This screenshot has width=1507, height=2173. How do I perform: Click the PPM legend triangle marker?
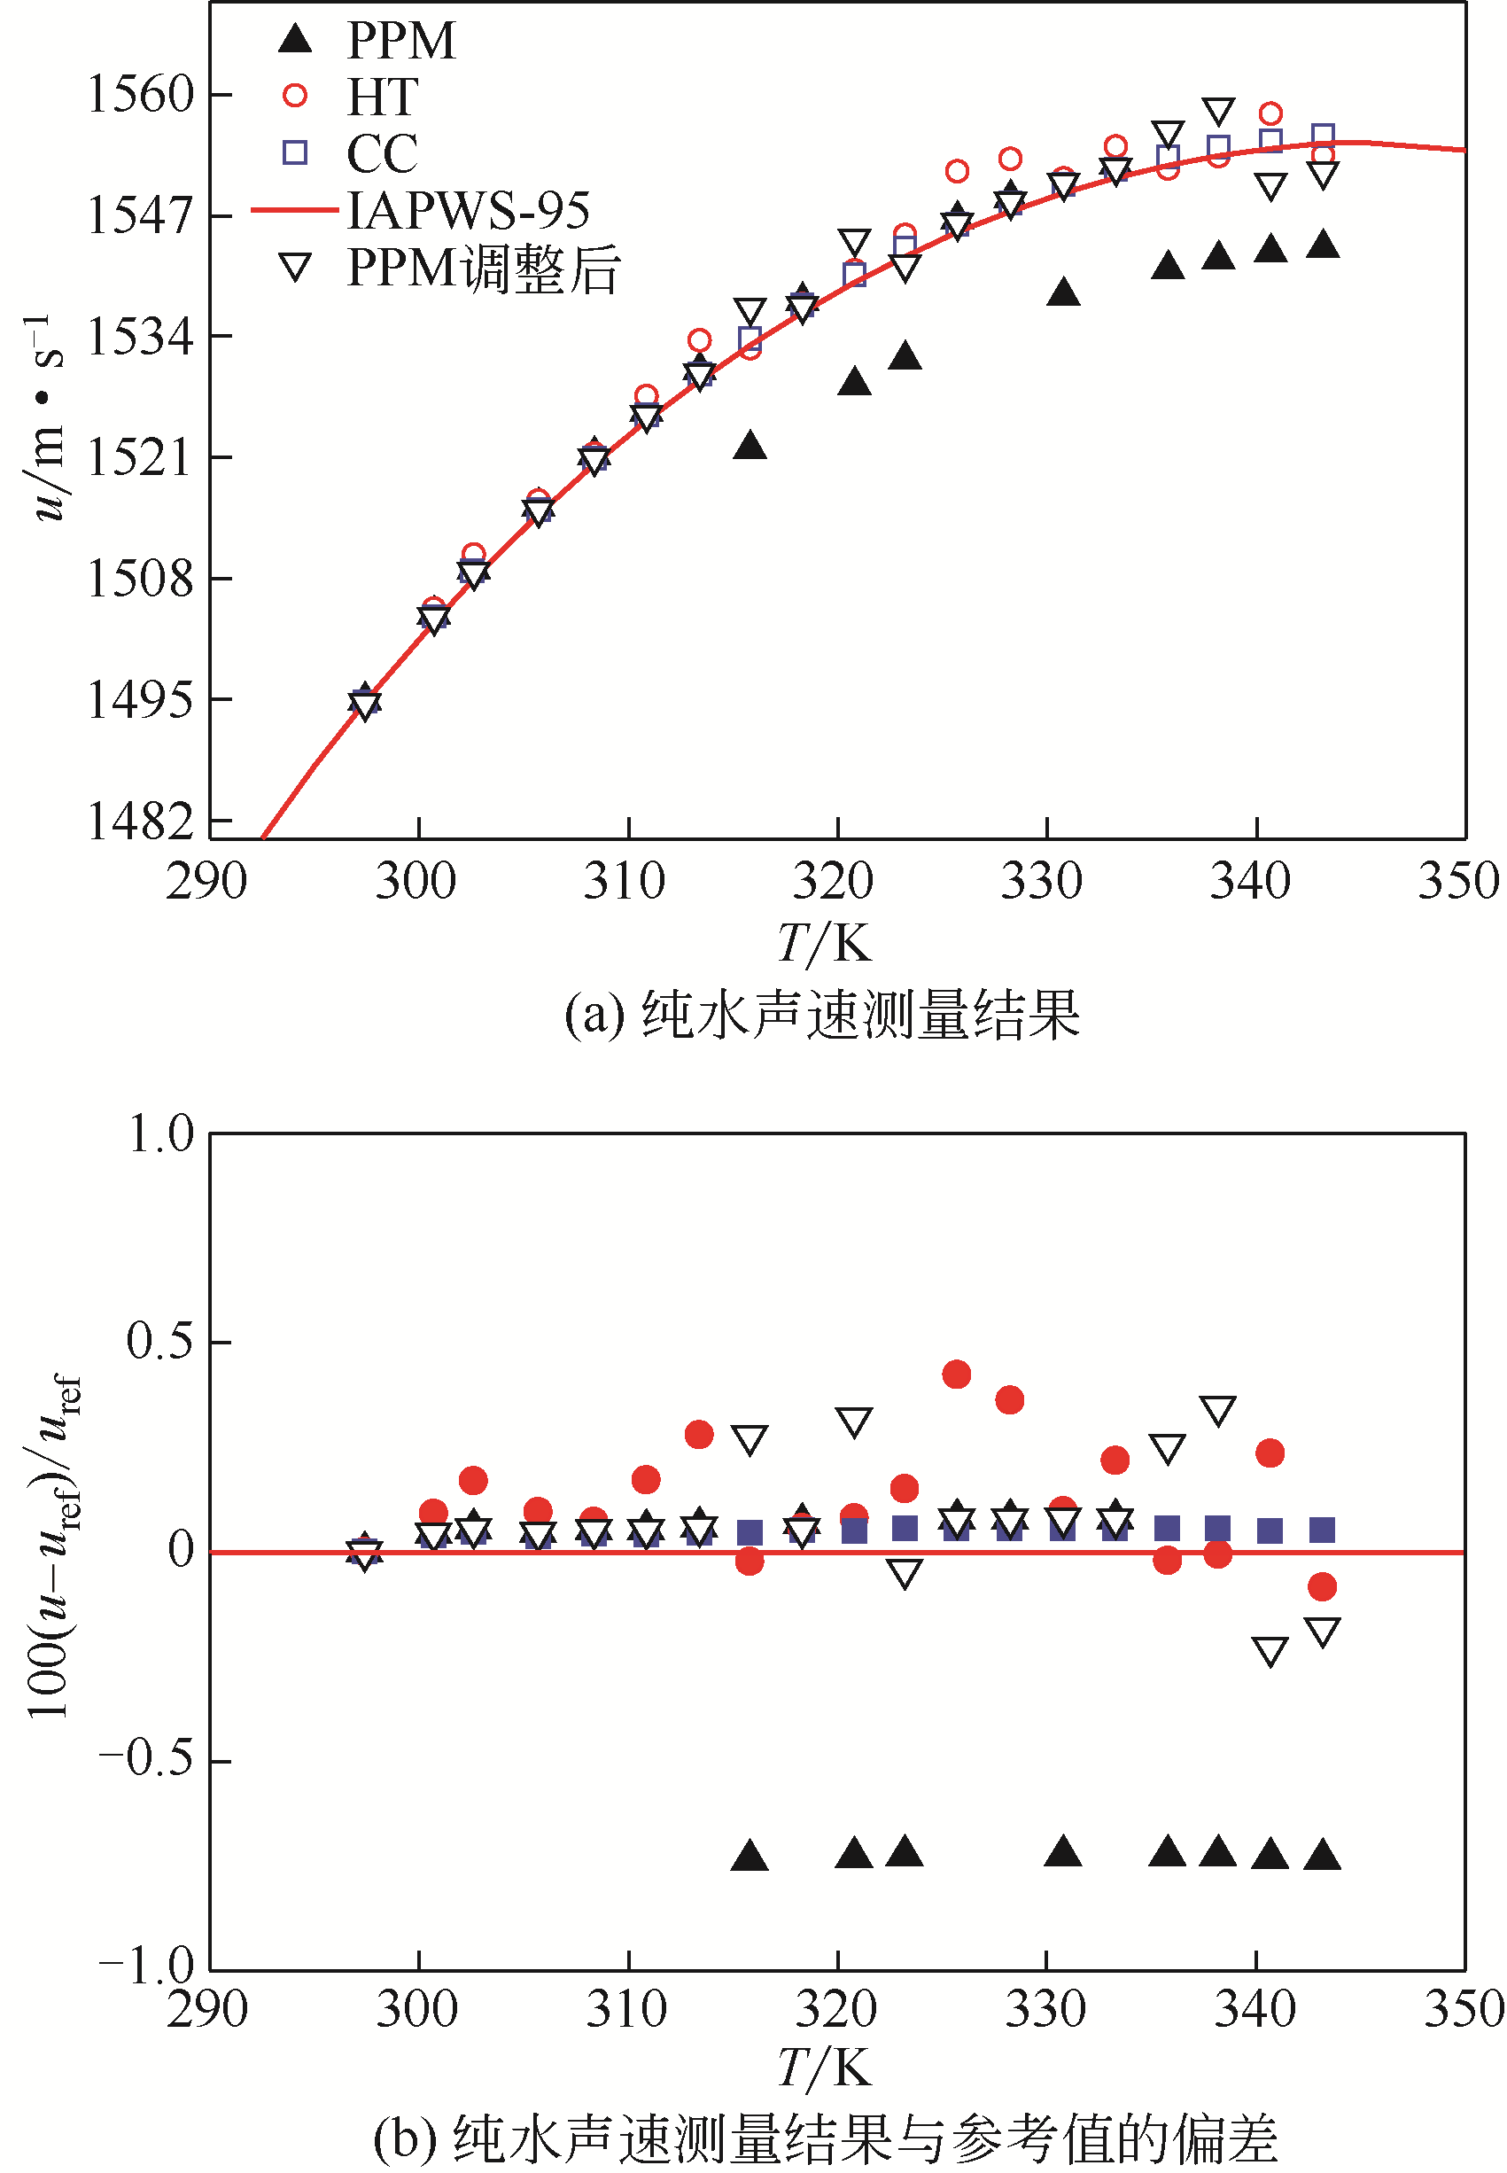point(296,39)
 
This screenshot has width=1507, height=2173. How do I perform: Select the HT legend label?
point(383,97)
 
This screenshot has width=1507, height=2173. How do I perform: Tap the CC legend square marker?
point(296,152)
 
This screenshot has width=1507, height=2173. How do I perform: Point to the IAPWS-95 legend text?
point(469,210)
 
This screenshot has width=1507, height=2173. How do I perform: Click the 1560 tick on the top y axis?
point(140,95)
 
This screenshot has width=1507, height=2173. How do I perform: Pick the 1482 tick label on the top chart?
point(140,821)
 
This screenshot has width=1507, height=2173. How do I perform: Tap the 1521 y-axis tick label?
point(140,457)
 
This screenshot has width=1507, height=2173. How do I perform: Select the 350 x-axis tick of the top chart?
point(1458,881)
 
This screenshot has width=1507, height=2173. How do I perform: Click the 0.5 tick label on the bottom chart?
point(160,1340)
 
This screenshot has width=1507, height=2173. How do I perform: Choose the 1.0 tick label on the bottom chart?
point(160,1133)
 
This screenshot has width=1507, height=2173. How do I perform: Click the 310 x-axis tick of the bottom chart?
point(627,2009)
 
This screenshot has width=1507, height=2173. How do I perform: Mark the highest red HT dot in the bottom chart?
point(957,1374)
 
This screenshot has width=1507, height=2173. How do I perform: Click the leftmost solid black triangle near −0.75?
point(750,1856)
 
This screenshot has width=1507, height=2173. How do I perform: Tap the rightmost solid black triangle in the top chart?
point(1323,245)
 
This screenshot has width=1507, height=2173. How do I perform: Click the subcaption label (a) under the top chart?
point(594,1016)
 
